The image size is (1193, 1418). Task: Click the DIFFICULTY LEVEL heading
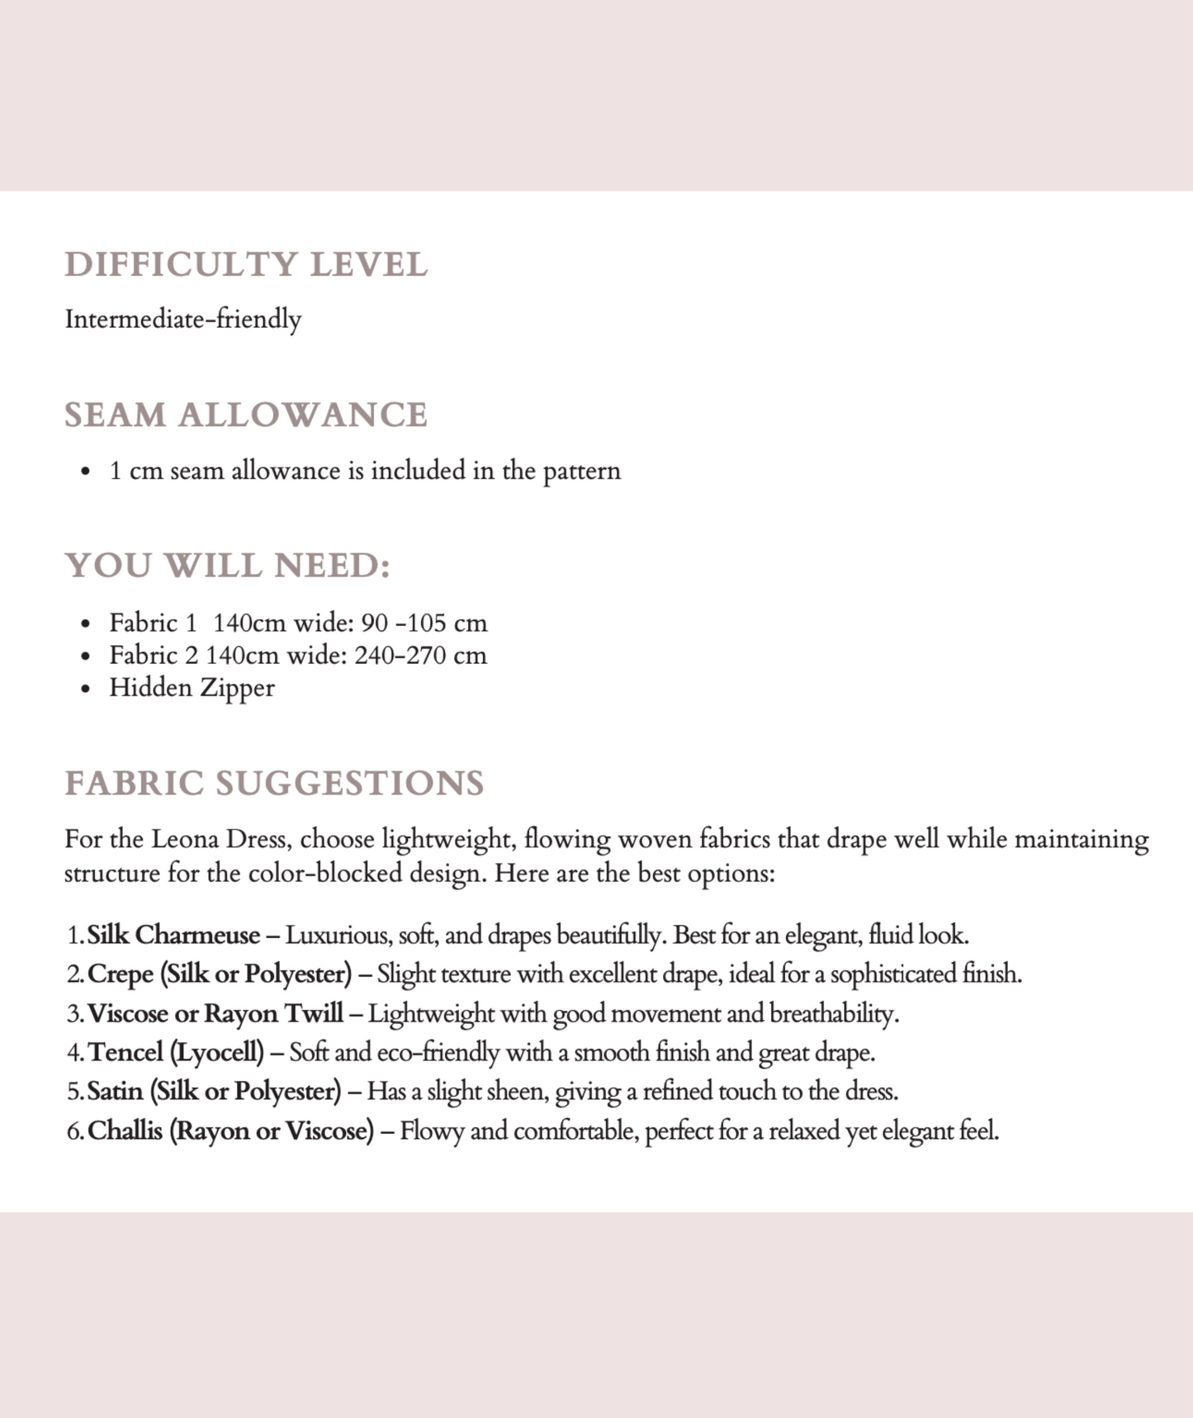246,265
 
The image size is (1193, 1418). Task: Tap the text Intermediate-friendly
183,319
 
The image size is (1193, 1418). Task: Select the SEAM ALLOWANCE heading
246,415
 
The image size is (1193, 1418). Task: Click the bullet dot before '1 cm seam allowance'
86,472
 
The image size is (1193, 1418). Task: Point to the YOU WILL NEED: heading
227,566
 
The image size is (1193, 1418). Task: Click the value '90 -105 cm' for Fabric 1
424,623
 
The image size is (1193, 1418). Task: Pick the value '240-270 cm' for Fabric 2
420,655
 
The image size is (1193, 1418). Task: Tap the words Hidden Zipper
192,687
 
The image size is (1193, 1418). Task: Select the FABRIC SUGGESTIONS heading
274,783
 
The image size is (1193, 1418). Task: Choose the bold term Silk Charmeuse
173,935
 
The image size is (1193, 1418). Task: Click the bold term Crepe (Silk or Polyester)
220,974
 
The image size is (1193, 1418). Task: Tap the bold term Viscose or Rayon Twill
215,1013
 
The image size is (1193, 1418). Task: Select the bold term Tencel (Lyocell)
176,1052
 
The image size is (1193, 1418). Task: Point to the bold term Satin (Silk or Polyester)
214,1091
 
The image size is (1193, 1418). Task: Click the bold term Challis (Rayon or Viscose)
230,1130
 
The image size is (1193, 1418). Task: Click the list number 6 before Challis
73,1131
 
